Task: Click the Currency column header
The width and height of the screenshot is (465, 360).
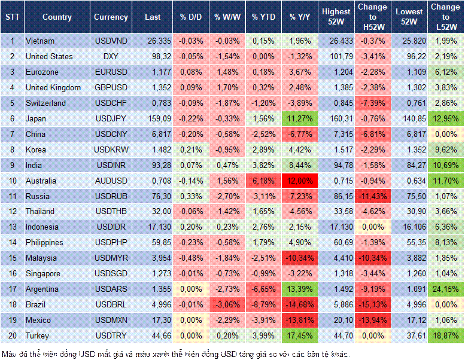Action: click(x=111, y=17)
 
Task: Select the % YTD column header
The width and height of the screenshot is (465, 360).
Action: click(x=263, y=17)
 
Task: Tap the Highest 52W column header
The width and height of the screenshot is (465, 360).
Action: click(x=336, y=17)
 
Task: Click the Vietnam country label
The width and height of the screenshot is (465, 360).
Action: click(x=41, y=41)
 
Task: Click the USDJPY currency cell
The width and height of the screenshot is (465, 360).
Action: click(x=111, y=118)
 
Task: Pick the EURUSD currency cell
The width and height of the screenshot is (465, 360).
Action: click(x=111, y=72)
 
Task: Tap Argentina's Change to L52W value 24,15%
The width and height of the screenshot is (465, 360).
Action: click(x=446, y=289)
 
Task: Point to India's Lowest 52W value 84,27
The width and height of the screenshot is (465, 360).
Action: click(x=410, y=165)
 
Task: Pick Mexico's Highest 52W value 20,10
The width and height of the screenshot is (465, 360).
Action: click(x=336, y=321)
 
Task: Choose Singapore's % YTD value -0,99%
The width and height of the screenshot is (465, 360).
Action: click(x=263, y=274)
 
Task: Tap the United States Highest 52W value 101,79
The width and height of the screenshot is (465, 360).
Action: click(x=336, y=56)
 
